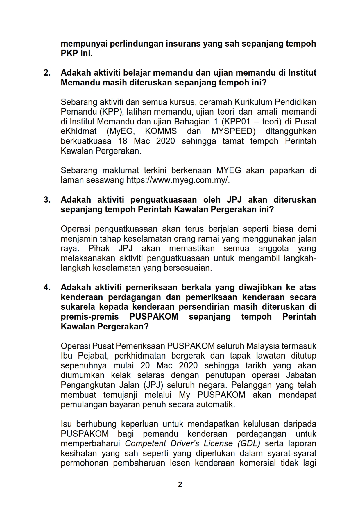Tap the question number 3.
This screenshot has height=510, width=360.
coord(47,200)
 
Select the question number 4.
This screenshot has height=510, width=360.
coord(47,288)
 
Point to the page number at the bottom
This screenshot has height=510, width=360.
coord(180,484)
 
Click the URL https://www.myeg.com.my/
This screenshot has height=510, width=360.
coord(178,180)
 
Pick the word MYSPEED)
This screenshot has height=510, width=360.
coord(233,131)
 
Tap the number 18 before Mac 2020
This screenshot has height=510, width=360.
coord(123,141)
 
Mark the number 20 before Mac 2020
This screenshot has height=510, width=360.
coord(145,365)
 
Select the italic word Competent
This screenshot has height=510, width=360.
coord(146,444)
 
